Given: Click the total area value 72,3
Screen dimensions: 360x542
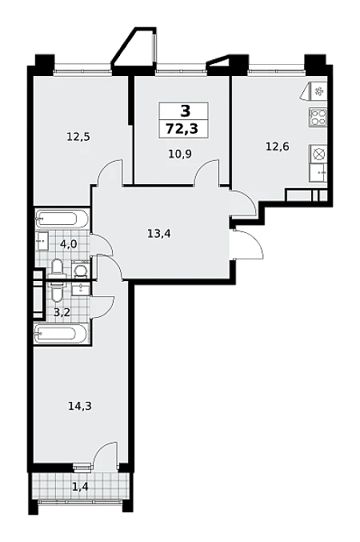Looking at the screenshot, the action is click(182, 129).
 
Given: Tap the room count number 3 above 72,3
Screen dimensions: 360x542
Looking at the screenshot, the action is click(185, 111).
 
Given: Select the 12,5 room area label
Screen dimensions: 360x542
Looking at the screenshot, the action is click(78, 137).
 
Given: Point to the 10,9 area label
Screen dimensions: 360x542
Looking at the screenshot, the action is click(180, 154).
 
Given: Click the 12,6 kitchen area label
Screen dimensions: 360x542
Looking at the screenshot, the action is click(277, 147).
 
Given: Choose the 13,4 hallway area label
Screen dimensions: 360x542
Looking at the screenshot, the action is click(159, 234).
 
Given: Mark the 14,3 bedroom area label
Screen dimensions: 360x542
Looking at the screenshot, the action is click(80, 406).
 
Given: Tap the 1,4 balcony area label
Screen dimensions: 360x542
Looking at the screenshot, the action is click(80, 488).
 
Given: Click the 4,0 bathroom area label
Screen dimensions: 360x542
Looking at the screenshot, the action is click(69, 244).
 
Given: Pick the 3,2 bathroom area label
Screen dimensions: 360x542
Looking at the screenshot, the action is click(62, 312).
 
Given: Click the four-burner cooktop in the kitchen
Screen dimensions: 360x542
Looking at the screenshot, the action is click(318, 117).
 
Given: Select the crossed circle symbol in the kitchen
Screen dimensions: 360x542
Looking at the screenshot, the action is click(318, 154).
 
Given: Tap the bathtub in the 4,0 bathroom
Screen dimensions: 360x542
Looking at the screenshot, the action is click(62, 219).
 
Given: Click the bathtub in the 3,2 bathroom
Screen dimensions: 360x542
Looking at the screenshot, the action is click(61, 334).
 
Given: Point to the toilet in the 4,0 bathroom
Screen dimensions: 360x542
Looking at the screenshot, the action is click(56, 269).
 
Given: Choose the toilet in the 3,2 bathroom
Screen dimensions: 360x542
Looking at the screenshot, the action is click(56, 291).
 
